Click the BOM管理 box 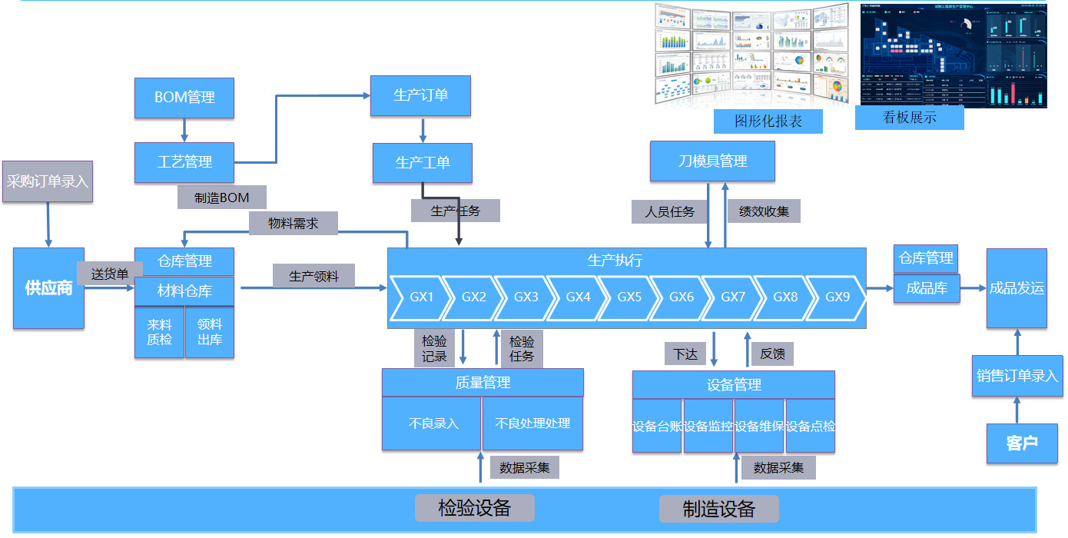(x=184, y=98)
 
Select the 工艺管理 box (x=184, y=162)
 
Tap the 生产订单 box (x=420, y=95)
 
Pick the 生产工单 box (x=423, y=162)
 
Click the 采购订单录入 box (x=48, y=182)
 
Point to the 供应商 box (x=48, y=288)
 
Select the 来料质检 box (x=159, y=332)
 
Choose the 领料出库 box (x=210, y=332)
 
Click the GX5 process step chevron (x=629, y=297)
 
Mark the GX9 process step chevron (x=837, y=297)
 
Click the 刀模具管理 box (x=712, y=161)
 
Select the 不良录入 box (x=433, y=423)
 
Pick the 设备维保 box (x=759, y=426)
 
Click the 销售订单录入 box (x=1017, y=376)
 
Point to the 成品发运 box (x=1017, y=288)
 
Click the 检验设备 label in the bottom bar (x=474, y=507)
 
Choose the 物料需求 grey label (x=293, y=224)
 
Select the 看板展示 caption (x=909, y=118)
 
